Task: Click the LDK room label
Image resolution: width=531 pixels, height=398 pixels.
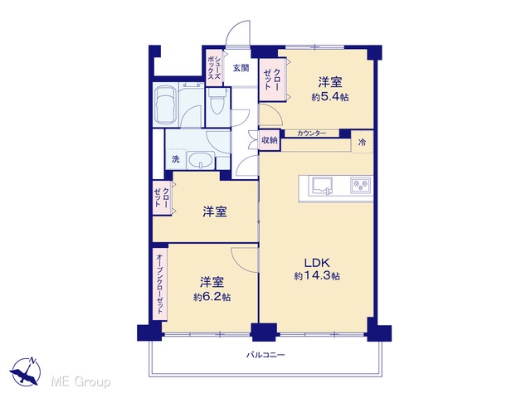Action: [x=317, y=263]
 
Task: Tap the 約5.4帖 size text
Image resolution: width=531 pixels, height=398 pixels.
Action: [x=330, y=97]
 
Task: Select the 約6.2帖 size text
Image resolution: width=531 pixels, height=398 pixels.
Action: [x=212, y=297]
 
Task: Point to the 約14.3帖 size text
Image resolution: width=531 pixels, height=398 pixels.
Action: [x=317, y=276]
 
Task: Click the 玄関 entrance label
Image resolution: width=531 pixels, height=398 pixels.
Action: [x=241, y=68]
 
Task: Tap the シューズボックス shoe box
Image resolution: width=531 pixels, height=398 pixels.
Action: [x=214, y=67]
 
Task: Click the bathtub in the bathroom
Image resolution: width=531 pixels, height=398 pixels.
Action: [x=165, y=104]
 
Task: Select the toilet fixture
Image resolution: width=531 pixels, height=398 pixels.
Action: [x=217, y=100]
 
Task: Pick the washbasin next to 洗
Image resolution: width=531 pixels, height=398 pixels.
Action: [x=201, y=160]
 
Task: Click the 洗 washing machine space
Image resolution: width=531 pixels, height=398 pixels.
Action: [x=175, y=158]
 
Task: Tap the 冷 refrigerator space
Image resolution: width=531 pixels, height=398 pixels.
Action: [x=362, y=143]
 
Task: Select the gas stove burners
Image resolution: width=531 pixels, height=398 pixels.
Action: [x=361, y=186]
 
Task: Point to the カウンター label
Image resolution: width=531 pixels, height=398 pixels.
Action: [x=312, y=133]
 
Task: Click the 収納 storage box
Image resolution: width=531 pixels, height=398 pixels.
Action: [x=270, y=140]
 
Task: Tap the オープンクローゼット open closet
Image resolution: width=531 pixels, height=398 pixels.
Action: [x=160, y=284]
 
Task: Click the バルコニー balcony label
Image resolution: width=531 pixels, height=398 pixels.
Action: [x=265, y=355]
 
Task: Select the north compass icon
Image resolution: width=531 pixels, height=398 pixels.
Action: [x=26, y=371]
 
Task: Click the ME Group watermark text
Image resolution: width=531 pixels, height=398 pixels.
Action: [x=80, y=381]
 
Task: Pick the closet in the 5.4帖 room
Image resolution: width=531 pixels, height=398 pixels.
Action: [x=272, y=80]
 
